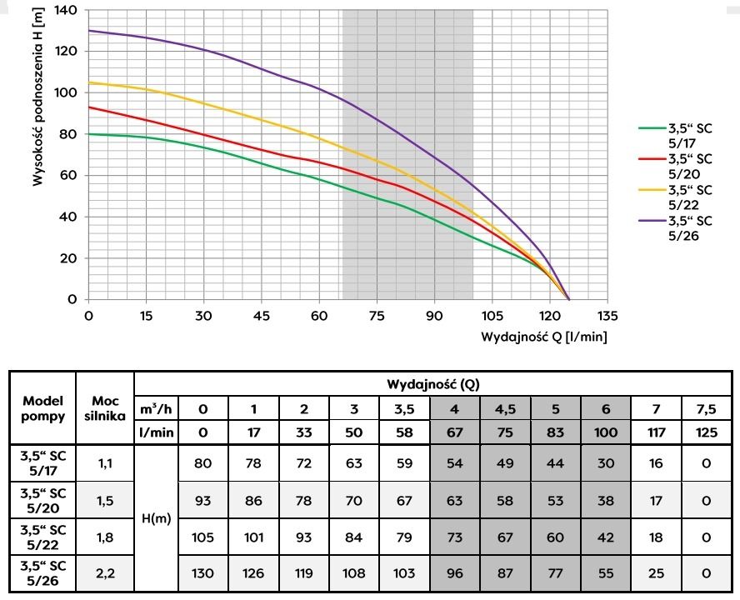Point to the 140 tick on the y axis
66,11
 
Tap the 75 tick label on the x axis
377,317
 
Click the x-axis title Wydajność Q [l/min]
543,337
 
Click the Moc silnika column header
105,407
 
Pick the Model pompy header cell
42,407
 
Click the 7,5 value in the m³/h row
706,408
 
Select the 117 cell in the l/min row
656,432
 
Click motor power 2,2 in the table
105,573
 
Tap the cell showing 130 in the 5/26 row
203,573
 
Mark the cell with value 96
456,573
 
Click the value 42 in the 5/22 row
606,537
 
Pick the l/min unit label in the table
157,432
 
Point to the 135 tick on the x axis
607,317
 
